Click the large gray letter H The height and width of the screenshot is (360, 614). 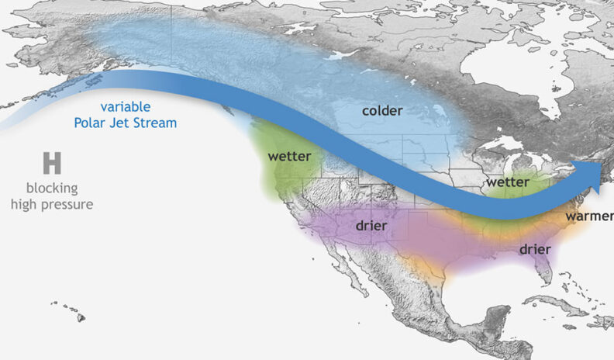(x=52, y=164)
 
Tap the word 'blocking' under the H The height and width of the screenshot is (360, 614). (x=52, y=189)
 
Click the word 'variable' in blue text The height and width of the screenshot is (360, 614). (x=126, y=107)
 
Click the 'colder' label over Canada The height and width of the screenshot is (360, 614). (x=382, y=111)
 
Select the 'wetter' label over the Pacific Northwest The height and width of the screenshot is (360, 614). (x=289, y=156)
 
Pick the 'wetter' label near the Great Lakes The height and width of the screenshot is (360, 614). (x=507, y=182)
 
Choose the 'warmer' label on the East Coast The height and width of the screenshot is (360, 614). (x=588, y=216)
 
